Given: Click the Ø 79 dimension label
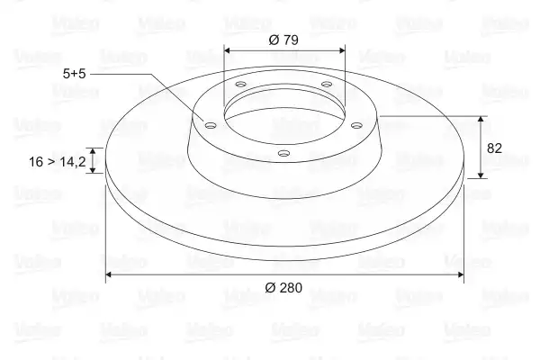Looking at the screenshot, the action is tap(283, 40).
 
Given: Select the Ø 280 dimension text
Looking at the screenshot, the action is tap(283, 287).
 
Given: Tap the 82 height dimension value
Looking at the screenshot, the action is tap(494, 148).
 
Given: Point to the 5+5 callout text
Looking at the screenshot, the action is tap(74, 74).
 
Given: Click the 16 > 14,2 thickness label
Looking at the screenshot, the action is tap(58, 162).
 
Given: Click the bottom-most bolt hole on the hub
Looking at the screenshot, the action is tap(283, 153).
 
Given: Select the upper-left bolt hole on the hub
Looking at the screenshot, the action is tap(240, 84).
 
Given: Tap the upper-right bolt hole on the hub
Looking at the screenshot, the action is tap(327, 84).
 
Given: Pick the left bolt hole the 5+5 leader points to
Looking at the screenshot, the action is tap(211, 125).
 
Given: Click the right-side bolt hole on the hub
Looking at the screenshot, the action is tap(356, 125).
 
